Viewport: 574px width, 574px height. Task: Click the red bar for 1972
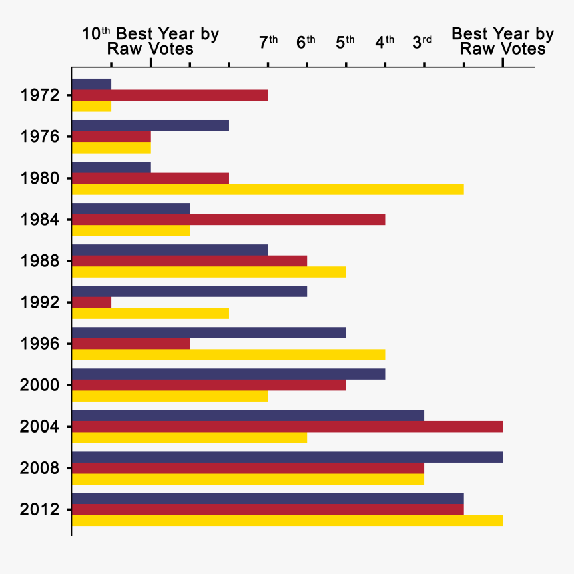[x=170, y=95]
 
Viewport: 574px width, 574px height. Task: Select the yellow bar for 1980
[x=267, y=189]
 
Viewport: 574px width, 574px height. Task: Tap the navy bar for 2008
[x=287, y=457]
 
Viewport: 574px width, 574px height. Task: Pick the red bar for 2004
[x=287, y=426]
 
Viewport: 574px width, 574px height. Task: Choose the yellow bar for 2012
[x=287, y=521]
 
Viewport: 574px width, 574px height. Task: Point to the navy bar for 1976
[x=150, y=126]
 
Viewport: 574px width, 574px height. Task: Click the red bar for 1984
[x=228, y=220]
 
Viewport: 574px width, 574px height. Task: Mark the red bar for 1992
[x=91, y=302]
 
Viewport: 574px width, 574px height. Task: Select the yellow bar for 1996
[x=228, y=354]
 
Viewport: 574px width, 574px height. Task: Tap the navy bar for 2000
[x=228, y=374]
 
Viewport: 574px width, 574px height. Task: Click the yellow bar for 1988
[x=209, y=272]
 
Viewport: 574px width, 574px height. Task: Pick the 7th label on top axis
[x=268, y=42]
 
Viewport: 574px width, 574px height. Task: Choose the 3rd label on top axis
[x=422, y=42]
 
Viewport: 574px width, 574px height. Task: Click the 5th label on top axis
[x=345, y=42]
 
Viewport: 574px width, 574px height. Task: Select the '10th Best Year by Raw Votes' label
[x=150, y=41]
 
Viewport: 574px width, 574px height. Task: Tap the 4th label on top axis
[x=384, y=42]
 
